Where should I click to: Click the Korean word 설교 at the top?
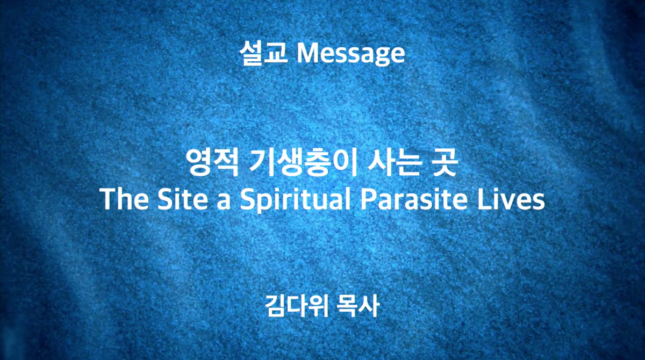[x=263, y=53]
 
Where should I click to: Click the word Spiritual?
[x=296, y=200]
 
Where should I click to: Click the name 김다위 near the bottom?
[x=297, y=306]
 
